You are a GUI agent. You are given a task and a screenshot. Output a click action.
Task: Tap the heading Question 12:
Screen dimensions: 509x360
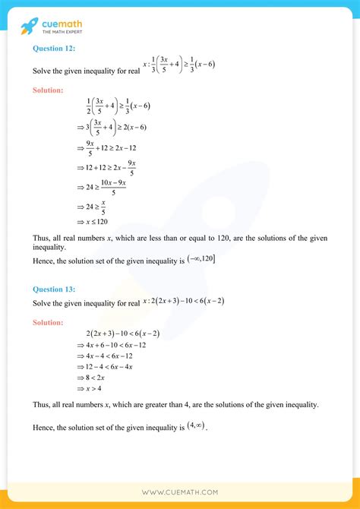pyautogui.click(x=54, y=47)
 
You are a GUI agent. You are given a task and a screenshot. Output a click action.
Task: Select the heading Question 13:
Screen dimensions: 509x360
pyautogui.click(x=54, y=289)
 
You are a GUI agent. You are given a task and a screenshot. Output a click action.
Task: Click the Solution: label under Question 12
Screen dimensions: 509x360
pyautogui.click(x=50, y=90)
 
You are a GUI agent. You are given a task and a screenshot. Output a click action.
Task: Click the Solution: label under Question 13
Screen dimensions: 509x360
pyautogui.click(x=50, y=323)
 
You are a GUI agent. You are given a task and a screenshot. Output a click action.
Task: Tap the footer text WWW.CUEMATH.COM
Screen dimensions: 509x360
pyautogui.click(x=180, y=492)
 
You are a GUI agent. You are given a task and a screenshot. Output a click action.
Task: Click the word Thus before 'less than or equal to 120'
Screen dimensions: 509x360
pyautogui.click(x=42, y=238)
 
